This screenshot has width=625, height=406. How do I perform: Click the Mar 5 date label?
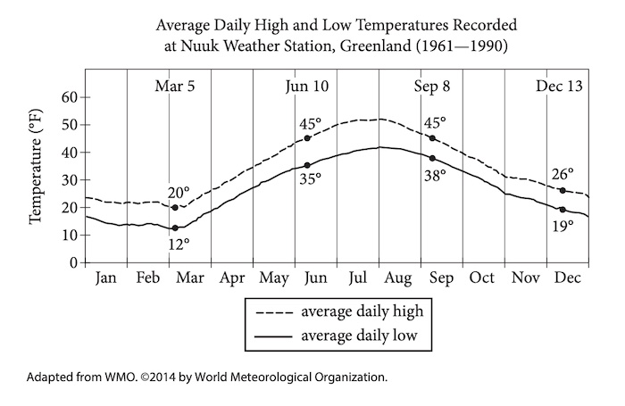click(x=174, y=87)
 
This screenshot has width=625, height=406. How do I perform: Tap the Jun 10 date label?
click(x=307, y=87)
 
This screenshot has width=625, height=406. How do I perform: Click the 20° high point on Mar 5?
click(x=175, y=208)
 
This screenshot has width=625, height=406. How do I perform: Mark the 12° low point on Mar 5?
click(x=175, y=228)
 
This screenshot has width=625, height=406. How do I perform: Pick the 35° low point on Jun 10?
click(x=307, y=165)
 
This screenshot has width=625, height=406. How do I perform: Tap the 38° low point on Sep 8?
click(x=433, y=158)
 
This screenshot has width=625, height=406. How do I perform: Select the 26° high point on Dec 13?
click(x=562, y=190)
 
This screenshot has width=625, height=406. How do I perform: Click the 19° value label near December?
click(x=562, y=227)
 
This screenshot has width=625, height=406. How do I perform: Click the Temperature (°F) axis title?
click(x=37, y=179)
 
